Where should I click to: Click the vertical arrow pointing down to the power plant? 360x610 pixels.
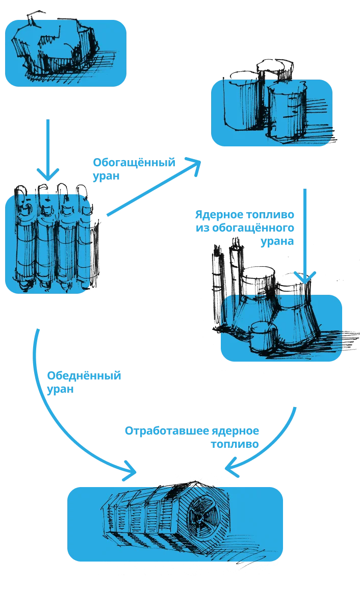[x=304, y=230]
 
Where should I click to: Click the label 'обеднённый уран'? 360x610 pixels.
[x=84, y=382]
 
